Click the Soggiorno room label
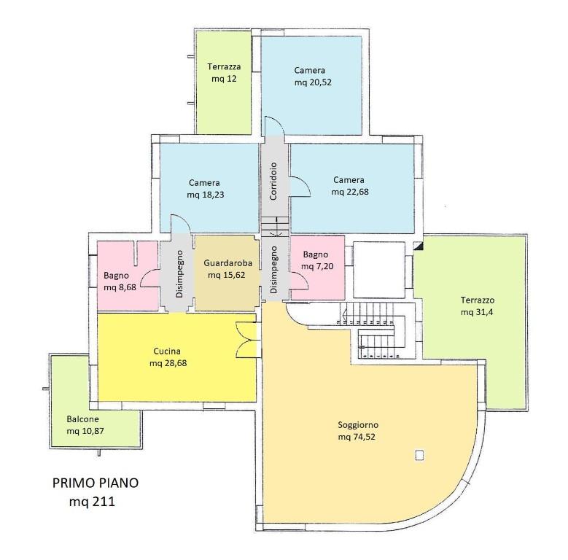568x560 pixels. pyautogui.click(x=358, y=424)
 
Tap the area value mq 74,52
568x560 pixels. pyautogui.click(x=357, y=437)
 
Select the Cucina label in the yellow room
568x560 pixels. pyautogui.click(x=167, y=351)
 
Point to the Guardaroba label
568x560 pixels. pyautogui.click(x=227, y=263)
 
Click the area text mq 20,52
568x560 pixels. pyautogui.click(x=313, y=82)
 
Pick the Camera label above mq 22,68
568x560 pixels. pyautogui.click(x=349, y=179)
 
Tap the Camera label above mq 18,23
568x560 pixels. pyautogui.click(x=204, y=182)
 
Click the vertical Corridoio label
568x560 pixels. pyautogui.click(x=273, y=181)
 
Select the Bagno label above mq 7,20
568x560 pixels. pyautogui.click(x=316, y=254)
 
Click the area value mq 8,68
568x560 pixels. pyautogui.click(x=120, y=287)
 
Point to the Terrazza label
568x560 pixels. pyautogui.click(x=225, y=66)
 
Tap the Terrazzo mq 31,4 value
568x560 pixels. pyautogui.click(x=477, y=312)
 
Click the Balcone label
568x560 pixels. pyautogui.click(x=82, y=419)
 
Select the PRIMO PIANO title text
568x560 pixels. pyautogui.click(x=96, y=483)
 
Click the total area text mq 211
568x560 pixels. pyautogui.click(x=92, y=502)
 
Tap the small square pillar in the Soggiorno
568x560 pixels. pyautogui.click(x=420, y=455)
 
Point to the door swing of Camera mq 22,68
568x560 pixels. pyautogui.click(x=300, y=187)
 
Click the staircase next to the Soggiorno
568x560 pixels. pyautogui.click(x=373, y=330)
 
